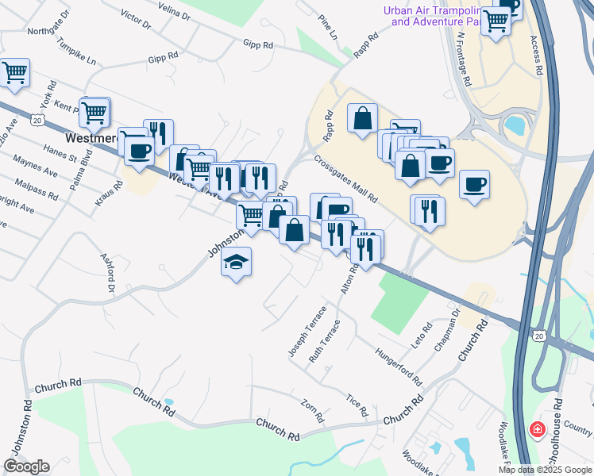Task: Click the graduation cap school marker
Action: pos(236,262)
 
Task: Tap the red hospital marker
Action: pos(538,430)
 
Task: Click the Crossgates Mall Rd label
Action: pos(345,178)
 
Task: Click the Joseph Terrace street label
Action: pos(307,331)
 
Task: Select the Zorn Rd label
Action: pos(312,410)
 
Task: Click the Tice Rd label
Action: pos(357,405)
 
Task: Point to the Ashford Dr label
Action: pos(107,272)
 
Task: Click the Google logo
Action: pos(26,466)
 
